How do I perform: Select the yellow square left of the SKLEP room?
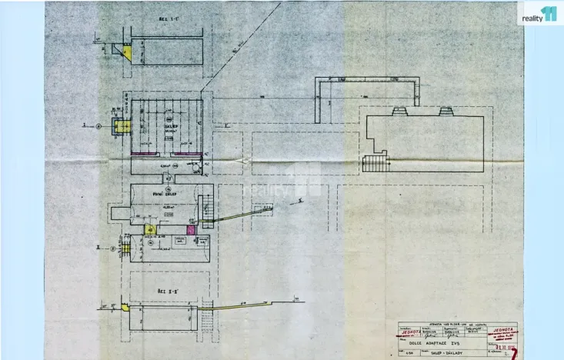point(119,127)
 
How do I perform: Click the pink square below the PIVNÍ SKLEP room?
point(191,229)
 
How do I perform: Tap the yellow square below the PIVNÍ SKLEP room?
point(150,229)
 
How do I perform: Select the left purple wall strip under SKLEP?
point(142,154)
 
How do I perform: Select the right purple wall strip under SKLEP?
point(187,154)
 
